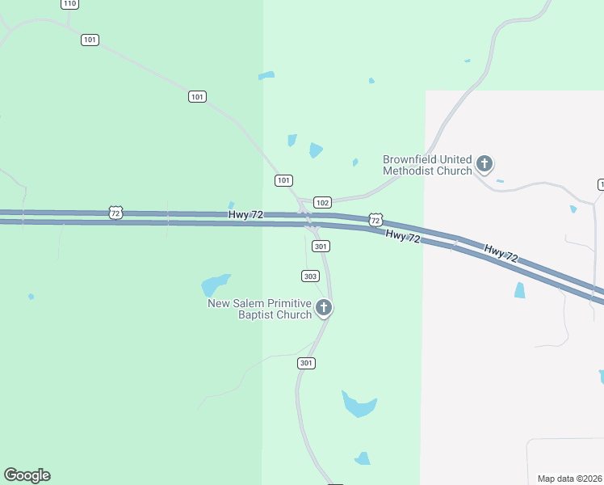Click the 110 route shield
point(69,4)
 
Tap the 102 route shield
point(322,202)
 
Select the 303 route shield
point(310,276)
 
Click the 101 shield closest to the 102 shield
point(283,180)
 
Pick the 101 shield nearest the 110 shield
point(90,40)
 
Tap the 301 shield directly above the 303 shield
point(321,246)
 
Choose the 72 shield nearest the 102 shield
point(375,219)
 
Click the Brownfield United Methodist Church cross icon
point(484,165)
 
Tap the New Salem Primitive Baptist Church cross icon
point(324,308)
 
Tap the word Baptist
point(256,314)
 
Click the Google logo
point(27,475)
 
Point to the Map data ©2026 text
point(569,479)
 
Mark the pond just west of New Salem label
point(215,285)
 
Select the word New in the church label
point(220,304)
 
